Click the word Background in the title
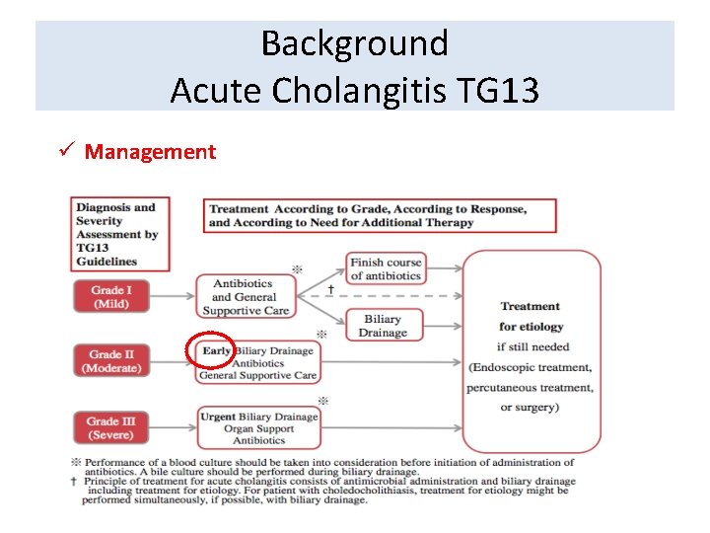point(354,43)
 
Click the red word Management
point(150,152)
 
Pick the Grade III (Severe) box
point(110,428)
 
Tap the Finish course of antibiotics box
point(386,268)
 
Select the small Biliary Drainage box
point(383,326)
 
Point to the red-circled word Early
point(216,350)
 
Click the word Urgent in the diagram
point(218,417)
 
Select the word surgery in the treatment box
point(542,407)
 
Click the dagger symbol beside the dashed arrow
point(330,290)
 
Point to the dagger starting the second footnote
point(75,481)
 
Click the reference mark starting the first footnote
point(75,462)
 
